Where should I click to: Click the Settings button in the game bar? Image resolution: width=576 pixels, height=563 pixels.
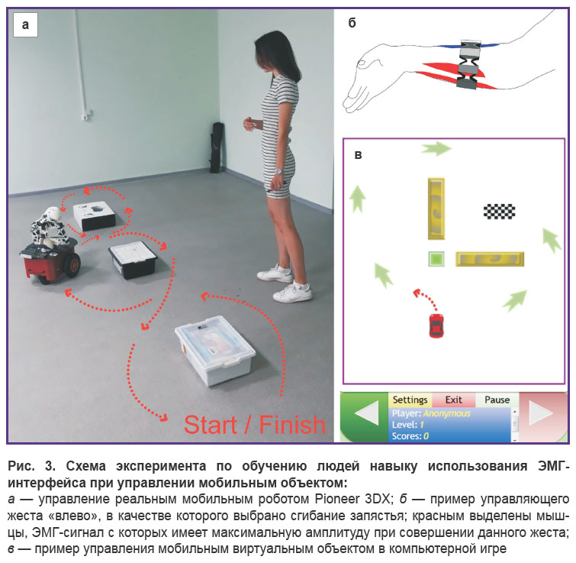410,400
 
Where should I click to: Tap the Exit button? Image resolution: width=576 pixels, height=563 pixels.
454,400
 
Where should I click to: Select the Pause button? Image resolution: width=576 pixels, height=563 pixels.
497,400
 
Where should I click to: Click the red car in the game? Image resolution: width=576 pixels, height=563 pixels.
436,325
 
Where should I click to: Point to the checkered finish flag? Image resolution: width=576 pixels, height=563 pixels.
499,212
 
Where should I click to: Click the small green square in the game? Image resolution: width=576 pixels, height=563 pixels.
436,259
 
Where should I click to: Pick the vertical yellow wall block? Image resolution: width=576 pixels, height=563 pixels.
436,209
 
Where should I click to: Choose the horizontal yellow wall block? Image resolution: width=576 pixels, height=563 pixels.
490,259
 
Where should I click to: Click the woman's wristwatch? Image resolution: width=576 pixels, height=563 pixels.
278,171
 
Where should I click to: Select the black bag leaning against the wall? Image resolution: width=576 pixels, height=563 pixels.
217,147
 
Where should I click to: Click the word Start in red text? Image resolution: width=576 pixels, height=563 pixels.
210,425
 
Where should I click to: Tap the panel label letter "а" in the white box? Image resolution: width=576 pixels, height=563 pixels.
25,24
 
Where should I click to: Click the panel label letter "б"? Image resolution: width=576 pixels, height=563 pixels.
352,23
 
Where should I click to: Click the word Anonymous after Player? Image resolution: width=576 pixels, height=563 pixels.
447,413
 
